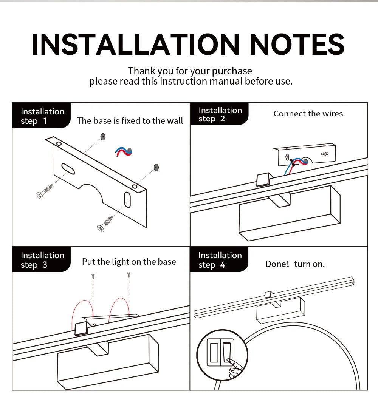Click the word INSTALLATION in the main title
[x=135, y=45]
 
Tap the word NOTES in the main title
[x=297, y=45]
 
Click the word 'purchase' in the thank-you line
[x=232, y=71]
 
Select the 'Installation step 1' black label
[x=41, y=116]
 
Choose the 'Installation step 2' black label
[x=219, y=114]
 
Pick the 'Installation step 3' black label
[x=41, y=259]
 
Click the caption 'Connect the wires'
[x=308, y=114]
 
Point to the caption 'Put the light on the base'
[x=129, y=262]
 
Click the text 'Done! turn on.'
[x=295, y=264]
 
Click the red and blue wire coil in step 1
[x=123, y=152]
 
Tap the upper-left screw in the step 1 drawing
[x=45, y=191]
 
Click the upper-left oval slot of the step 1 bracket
[x=68, y=169]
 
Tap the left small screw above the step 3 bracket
[x=93, y=276]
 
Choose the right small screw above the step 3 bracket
[x=129, y=274]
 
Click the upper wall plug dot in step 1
[x=103, y=137]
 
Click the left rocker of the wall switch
[x=214, y=353]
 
